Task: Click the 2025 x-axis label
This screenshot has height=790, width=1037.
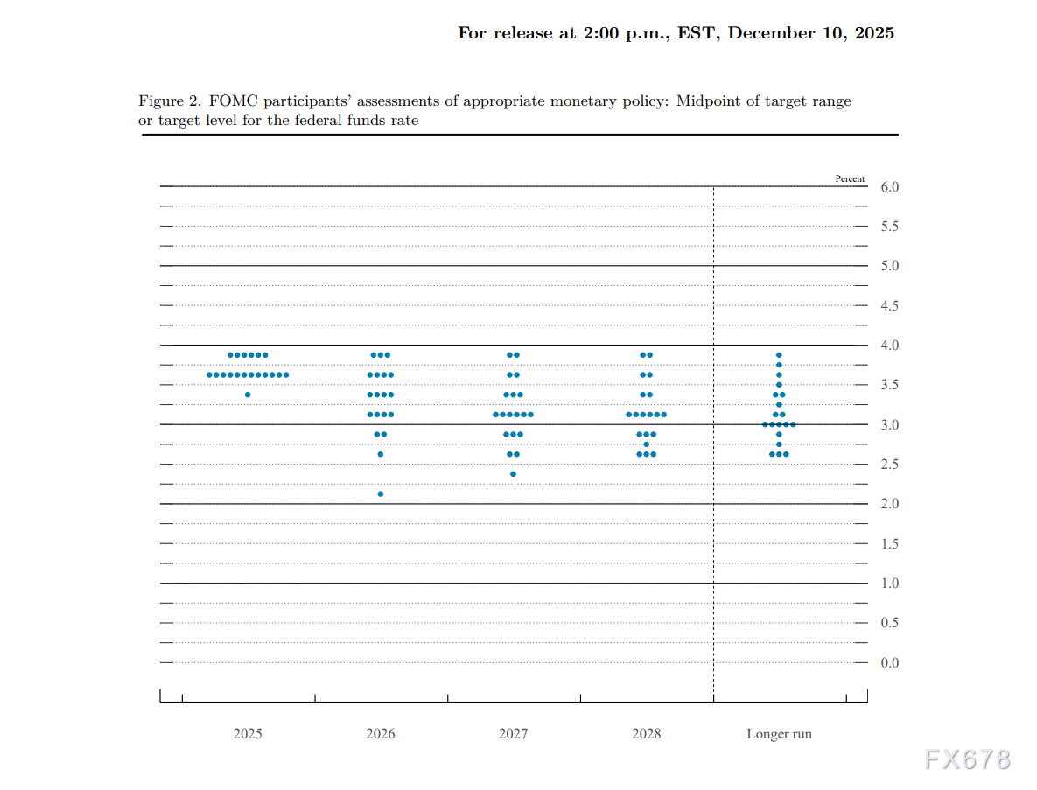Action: [x=247, y=734]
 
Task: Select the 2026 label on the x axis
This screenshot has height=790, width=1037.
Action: [x=380, y=734]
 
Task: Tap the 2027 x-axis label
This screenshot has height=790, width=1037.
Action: [x=513, y=734]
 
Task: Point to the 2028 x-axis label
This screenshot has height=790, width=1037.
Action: [x=646, y=734]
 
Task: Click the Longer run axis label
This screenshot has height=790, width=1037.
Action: [x=779, y=734]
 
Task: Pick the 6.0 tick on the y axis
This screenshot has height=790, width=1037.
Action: [x=889, y=187]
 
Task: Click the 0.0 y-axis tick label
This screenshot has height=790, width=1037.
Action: [x=889, y=663]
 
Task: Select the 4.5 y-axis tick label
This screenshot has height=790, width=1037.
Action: [x=889, y=306]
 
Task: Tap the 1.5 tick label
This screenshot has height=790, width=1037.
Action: [x=889, y=544]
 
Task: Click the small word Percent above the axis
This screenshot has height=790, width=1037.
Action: [x=850, y=178]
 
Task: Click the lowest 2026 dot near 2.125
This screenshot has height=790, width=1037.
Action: [x=380, y=494]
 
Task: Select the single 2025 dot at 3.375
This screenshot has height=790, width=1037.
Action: [x=248, y=395]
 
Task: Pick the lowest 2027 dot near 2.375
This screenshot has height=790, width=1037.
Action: [x=513, y=474]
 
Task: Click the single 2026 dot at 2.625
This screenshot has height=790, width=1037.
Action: [x=380, y=454]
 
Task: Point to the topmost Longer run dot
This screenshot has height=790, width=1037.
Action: [x=779, y=355]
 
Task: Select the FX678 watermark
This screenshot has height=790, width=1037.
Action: [x=968, y=759]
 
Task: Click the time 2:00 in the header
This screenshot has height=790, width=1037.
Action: [x=602, y=33]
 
